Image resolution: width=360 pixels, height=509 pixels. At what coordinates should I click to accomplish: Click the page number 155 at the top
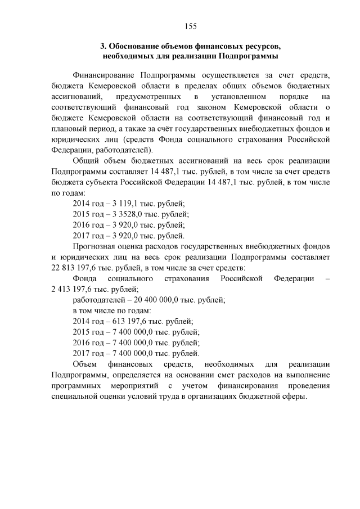pos(190,26)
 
